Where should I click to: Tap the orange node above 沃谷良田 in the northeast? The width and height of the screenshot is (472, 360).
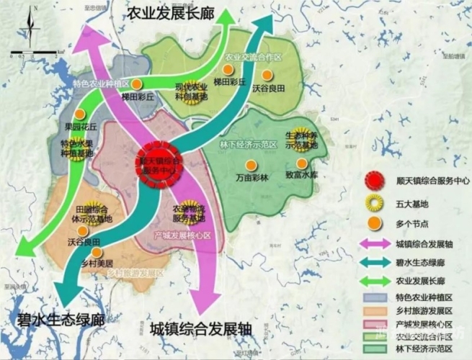point(267,74)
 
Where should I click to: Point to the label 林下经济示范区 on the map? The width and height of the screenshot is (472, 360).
point(249,144)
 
